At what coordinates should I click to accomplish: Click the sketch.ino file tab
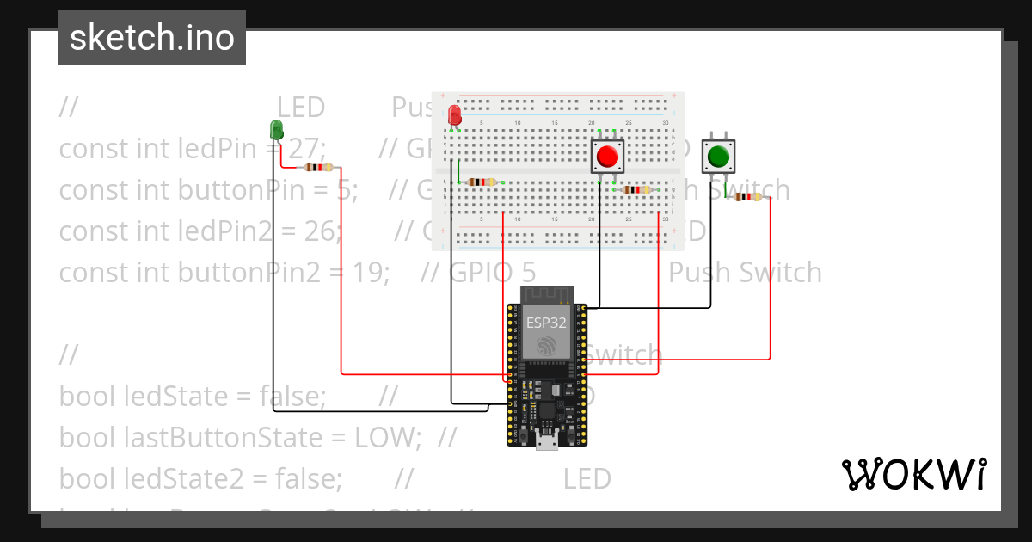(151, 38)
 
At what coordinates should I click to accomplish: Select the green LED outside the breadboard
(276, 130)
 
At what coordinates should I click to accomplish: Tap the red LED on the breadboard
(454, 115)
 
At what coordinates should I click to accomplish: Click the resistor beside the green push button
(747, 197)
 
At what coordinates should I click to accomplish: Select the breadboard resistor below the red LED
(480, 182)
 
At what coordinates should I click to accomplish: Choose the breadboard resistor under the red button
(636, 189)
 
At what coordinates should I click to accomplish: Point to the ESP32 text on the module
(547, 323)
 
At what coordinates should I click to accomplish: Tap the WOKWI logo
(913, 474)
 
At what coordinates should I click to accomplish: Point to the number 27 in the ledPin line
(303, 149)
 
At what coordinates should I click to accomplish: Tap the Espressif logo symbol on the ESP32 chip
(546, 346)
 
